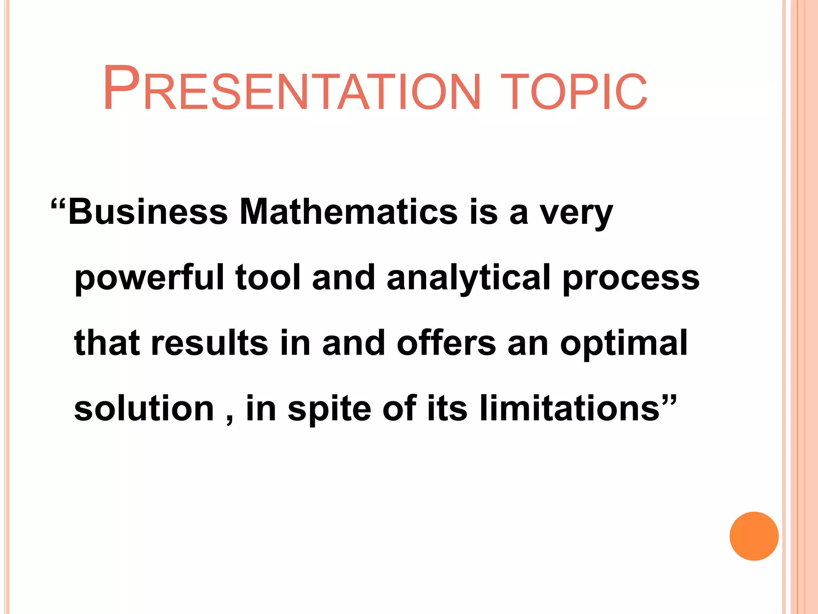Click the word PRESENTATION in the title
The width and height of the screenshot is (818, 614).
coord(292,89)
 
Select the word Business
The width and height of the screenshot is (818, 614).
coord(148,212)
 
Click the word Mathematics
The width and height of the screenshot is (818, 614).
coord(348,212)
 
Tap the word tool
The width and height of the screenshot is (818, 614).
coord(268,277)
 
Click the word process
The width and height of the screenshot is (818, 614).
coord(631,279)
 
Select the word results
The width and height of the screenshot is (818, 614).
coord(209,343)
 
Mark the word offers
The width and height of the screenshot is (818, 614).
coord(446,343)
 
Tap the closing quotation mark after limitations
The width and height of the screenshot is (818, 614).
coord(669,400)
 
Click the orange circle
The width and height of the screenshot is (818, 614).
coord(754,536)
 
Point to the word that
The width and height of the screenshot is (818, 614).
coord(107,343)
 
